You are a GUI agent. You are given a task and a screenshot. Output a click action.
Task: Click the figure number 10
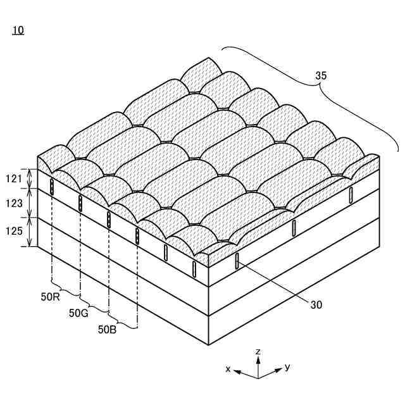(x=18, y=30)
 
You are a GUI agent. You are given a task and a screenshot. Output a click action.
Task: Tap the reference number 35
(x=321, y=76)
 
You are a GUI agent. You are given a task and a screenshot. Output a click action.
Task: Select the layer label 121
(x=13, y=179)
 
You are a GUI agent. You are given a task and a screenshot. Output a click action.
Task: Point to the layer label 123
(x=13, y=204)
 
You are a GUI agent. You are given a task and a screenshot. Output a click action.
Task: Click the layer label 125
(x=13, y=232)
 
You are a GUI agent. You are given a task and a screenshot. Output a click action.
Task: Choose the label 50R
(x=51, y=297)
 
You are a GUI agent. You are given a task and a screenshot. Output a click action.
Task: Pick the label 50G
(x=78, y=313)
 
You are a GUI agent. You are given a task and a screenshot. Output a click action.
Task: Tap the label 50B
(x=108, y=329)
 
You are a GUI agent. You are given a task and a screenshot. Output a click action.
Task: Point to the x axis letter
(x=228, y=368)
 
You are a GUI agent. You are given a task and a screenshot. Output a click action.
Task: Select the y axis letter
(x=287, y=366)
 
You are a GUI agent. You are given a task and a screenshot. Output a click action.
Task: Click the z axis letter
(x=258, y=351)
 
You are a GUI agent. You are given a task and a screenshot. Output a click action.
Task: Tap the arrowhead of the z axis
(x=258, y=358)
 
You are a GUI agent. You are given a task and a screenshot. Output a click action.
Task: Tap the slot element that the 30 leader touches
(x=237, y=261)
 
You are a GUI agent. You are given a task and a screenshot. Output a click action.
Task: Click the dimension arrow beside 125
(x=29, y=232)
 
